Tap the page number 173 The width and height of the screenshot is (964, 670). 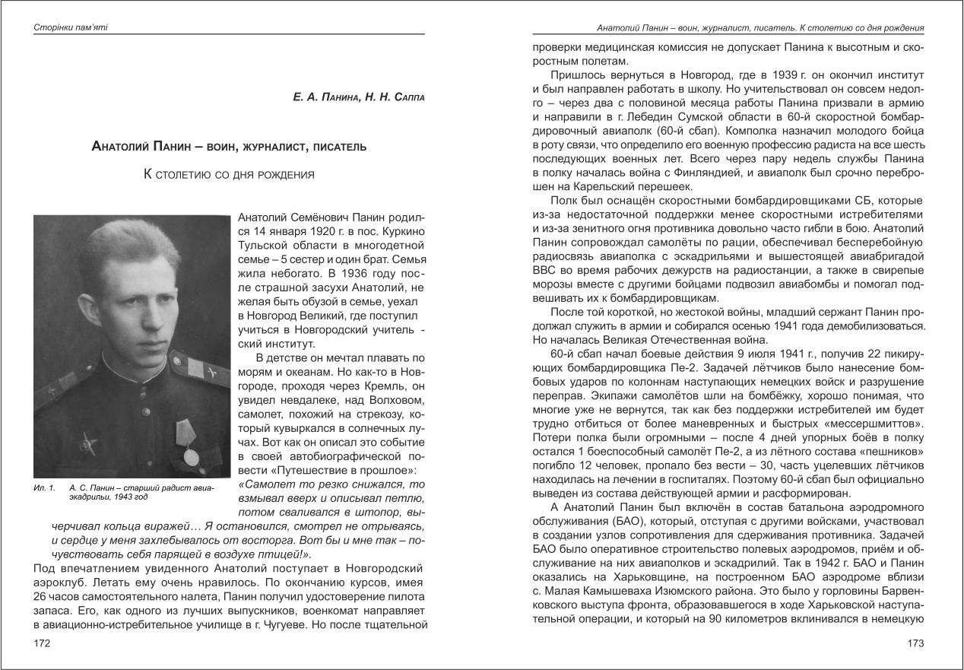915,644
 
